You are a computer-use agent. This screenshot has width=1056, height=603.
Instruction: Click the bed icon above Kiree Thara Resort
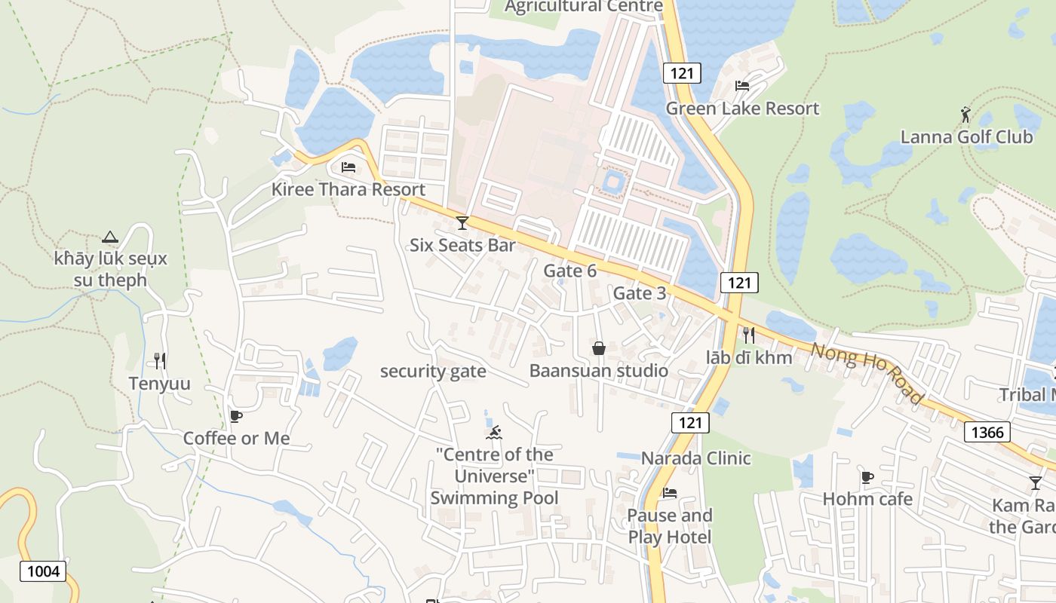click(348, 167)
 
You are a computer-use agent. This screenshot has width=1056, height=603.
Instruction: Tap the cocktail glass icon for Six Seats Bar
click(462, 222)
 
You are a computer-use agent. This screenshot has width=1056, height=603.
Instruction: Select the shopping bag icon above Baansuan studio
click(599, 347)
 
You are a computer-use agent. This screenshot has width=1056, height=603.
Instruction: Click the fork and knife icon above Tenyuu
click(159, 361)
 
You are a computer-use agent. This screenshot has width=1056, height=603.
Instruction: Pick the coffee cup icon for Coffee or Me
click(236, 416)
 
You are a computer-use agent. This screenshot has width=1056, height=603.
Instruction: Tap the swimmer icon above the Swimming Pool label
click(494, 433)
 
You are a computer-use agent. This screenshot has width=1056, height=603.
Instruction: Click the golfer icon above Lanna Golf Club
click(965, 115)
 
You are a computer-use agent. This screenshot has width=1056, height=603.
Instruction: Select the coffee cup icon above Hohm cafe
click(867, 476)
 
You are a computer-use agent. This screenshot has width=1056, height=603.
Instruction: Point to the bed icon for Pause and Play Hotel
click(669, 493)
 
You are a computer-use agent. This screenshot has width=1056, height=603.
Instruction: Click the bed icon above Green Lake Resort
click(742, 86)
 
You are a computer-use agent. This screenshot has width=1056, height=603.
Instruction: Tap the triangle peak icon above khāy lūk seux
click(110, 237)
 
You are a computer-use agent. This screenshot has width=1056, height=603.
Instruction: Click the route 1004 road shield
click(43, 571)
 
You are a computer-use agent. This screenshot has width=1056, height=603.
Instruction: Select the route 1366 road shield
click(987, 432)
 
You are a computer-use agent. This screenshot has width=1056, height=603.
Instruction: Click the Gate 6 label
click(569, 271)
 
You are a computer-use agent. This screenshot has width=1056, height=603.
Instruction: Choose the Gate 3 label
click(640, 293)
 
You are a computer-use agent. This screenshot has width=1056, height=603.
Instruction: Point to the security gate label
click(433, 372)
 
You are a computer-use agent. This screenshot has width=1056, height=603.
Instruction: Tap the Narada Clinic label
click(695, 458)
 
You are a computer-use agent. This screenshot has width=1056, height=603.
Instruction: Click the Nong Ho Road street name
click(867, 372)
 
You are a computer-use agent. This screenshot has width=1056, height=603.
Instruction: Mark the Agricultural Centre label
click(583, 7)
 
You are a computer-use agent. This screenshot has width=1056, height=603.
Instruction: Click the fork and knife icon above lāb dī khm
click(748, 335)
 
